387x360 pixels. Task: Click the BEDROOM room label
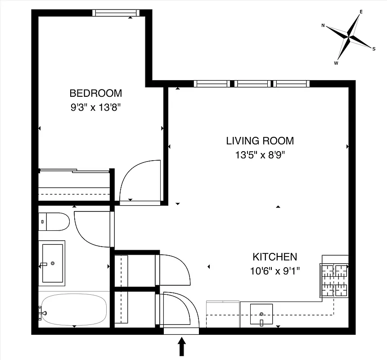[95, 93]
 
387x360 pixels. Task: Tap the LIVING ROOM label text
[260, 141]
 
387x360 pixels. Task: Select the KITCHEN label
[274, 257]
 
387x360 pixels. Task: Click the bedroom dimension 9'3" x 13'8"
[95, 108]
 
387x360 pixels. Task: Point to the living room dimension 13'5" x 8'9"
[260, 155]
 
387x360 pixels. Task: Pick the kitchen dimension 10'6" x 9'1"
[274, 271]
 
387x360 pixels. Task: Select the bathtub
[73, 310]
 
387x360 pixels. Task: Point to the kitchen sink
[261, 314]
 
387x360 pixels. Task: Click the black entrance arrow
[182, 347]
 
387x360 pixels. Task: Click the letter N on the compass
[323, 26]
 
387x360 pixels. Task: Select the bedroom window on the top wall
[116, 13]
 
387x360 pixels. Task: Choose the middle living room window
[253, 84]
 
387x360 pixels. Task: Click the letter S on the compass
[373, 49]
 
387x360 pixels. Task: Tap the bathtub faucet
[42, 310]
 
